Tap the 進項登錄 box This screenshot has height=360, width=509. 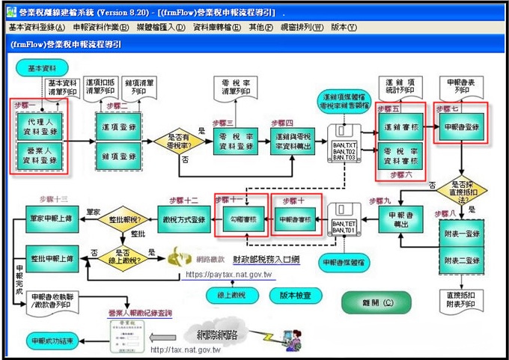click(x=119, y=127)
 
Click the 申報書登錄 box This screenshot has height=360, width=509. click(x=462, y=127)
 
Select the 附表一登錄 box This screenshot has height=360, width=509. click(x=461, y=234)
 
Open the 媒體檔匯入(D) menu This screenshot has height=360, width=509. click(x=161, y=28)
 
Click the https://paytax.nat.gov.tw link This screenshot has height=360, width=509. click(x=229, y=275)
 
